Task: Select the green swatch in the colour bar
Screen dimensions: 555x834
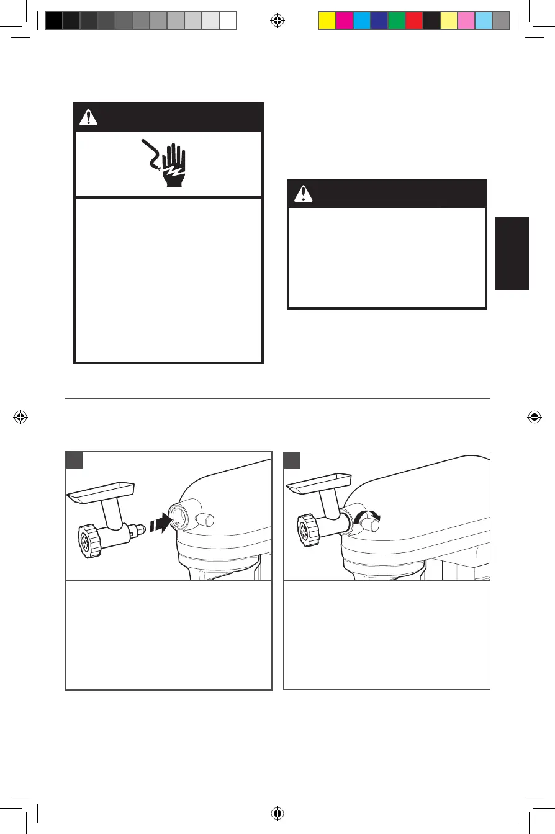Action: [x=396, y=21]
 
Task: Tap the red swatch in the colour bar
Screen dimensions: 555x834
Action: [x=413, y=21]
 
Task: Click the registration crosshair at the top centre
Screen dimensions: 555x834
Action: [x=277, y=21]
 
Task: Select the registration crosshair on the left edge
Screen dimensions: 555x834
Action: [x=21, y=417]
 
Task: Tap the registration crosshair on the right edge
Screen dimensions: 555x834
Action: [x=533, y=417]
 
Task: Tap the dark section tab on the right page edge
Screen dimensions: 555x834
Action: [x=512, y=253]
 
